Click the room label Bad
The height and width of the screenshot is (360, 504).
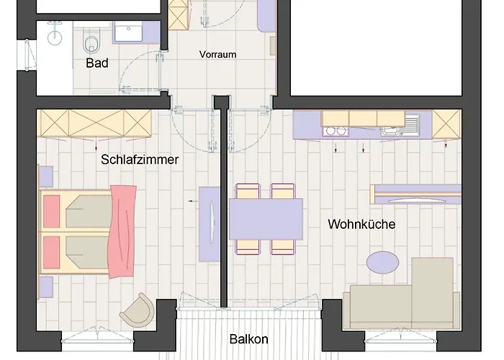(96, 63)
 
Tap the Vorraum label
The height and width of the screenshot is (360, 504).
(217, 55)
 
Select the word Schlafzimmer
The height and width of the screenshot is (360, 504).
(140, 160)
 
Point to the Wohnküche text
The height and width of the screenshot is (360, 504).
(361, 224)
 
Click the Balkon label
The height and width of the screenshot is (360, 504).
(249, 339)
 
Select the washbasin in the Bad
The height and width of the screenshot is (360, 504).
(127, 33)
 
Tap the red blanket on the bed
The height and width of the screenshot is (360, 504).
(122, 223)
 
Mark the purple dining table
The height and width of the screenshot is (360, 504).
(266, 219)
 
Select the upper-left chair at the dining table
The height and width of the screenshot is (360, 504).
(247, 192)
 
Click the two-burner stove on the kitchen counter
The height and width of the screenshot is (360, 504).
(335, 131)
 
